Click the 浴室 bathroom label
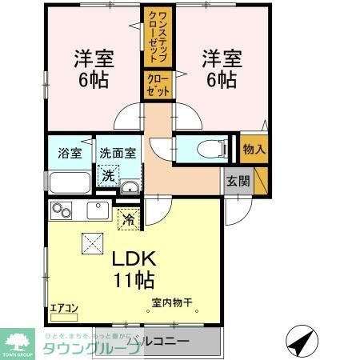63,151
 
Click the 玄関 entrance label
238,180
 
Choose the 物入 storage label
254,149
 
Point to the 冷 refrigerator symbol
126,217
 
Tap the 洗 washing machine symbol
106,175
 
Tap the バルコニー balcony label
163,342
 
